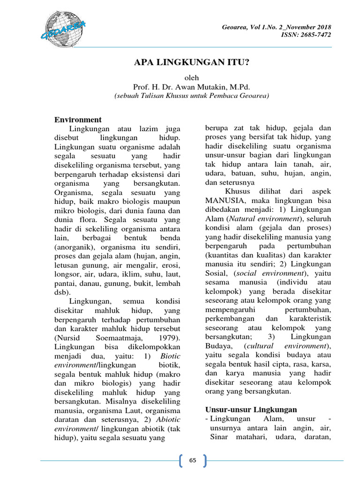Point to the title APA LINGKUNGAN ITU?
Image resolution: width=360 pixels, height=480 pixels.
pos(192,63)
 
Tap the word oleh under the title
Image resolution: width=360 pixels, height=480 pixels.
pos(192,78)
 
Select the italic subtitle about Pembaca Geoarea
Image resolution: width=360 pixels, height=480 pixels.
pos(192,96)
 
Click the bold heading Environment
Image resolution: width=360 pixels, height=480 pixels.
pos(78,120)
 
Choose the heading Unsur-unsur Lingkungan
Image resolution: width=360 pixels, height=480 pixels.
pos(251,409)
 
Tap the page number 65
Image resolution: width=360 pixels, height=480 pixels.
pos(192,460)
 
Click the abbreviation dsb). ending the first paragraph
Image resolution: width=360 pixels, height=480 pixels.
pos(63,292)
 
